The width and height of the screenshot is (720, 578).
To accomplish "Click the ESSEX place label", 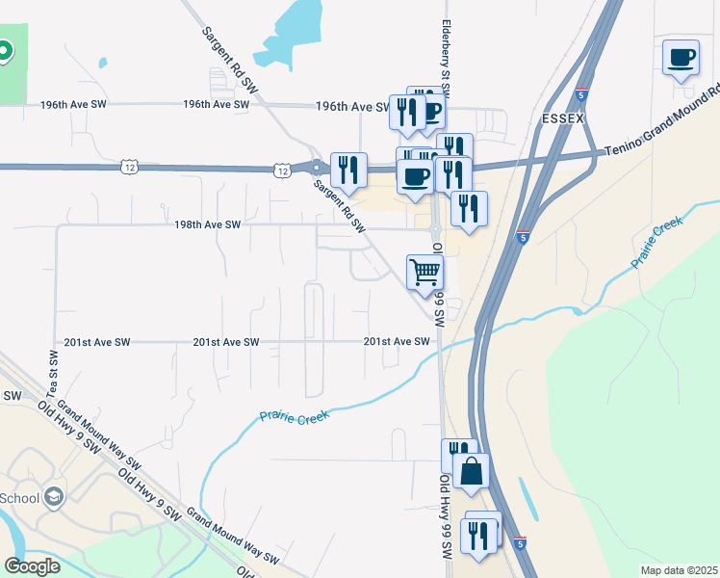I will (563, 118).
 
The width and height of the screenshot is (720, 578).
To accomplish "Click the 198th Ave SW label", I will (207, 224).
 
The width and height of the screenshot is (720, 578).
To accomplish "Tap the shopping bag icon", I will (471, 471).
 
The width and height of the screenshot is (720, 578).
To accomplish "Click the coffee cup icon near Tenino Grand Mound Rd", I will (681, 57).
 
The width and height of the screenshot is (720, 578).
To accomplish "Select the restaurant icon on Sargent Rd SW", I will (348, 170).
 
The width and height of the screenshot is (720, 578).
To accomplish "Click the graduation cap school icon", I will (55, 497).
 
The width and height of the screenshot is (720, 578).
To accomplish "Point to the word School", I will (20, 498).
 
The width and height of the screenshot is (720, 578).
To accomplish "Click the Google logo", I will (32, 565).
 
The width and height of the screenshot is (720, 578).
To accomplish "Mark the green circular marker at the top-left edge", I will (4, 50).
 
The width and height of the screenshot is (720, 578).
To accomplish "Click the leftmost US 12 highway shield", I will (130, 168).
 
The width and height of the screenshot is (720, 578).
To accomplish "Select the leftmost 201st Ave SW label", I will (97, 342).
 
